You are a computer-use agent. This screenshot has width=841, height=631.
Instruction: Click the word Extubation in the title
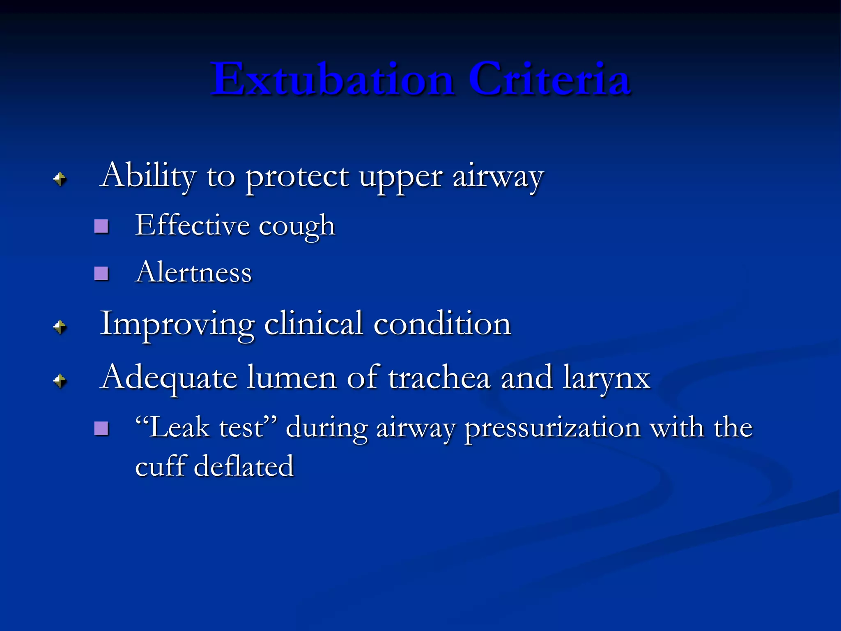333,79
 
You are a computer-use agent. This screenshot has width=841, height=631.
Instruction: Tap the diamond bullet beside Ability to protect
60,179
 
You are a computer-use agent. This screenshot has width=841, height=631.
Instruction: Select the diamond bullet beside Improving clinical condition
60,327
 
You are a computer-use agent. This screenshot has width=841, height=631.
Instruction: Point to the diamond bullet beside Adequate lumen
60,381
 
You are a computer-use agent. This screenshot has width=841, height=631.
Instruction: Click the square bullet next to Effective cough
101,226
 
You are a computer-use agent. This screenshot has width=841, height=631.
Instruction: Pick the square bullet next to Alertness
101,273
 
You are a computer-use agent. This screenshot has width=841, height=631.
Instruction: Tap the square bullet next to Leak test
101,428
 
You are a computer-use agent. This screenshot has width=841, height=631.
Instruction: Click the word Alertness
193,272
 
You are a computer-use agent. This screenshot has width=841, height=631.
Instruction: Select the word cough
296,226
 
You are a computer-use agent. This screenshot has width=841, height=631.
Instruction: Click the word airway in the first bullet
498,177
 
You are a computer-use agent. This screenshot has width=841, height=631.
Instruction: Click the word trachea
439,378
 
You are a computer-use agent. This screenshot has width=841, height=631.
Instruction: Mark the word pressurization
552,428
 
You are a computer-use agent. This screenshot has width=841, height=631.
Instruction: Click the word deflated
244,466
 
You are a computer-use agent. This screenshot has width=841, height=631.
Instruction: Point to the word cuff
161,466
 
